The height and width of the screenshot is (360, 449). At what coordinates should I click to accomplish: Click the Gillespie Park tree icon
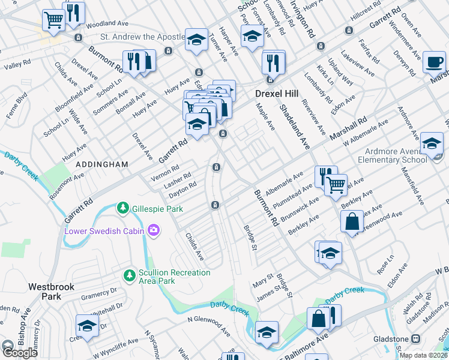click(x=122, y=208)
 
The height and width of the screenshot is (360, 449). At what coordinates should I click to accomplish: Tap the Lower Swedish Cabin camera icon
click(x=154, y=230)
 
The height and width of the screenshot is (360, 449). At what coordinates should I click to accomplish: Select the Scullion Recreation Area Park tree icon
click(x=128, y=275)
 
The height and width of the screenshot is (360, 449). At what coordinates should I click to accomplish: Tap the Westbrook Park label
click(x=51, y=292)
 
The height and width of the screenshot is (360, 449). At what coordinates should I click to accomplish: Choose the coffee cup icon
click(x=433, y=62)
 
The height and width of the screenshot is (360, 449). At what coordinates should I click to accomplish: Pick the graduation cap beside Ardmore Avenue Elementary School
click(x=432, y=143)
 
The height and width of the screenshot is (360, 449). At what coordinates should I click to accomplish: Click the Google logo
click(x=19, y=353)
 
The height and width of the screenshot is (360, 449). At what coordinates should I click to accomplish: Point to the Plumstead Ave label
click(x=292, y=194)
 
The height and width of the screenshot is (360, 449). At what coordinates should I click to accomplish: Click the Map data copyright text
click(x=423, y=355)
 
